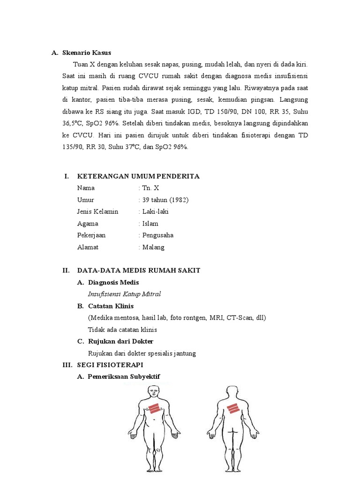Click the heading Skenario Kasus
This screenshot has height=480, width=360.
(87, 52)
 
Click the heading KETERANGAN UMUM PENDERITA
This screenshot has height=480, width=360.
(138, 176)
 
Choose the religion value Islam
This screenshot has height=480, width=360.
(150, 224)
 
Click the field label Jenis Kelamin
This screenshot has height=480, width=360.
(97, 211)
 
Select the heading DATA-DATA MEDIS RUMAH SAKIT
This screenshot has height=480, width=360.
(138, 270)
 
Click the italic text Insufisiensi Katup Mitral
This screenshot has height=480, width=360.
(124, 294)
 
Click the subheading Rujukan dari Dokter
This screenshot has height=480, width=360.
(120, 341)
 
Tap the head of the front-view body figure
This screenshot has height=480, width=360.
(153, 392)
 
